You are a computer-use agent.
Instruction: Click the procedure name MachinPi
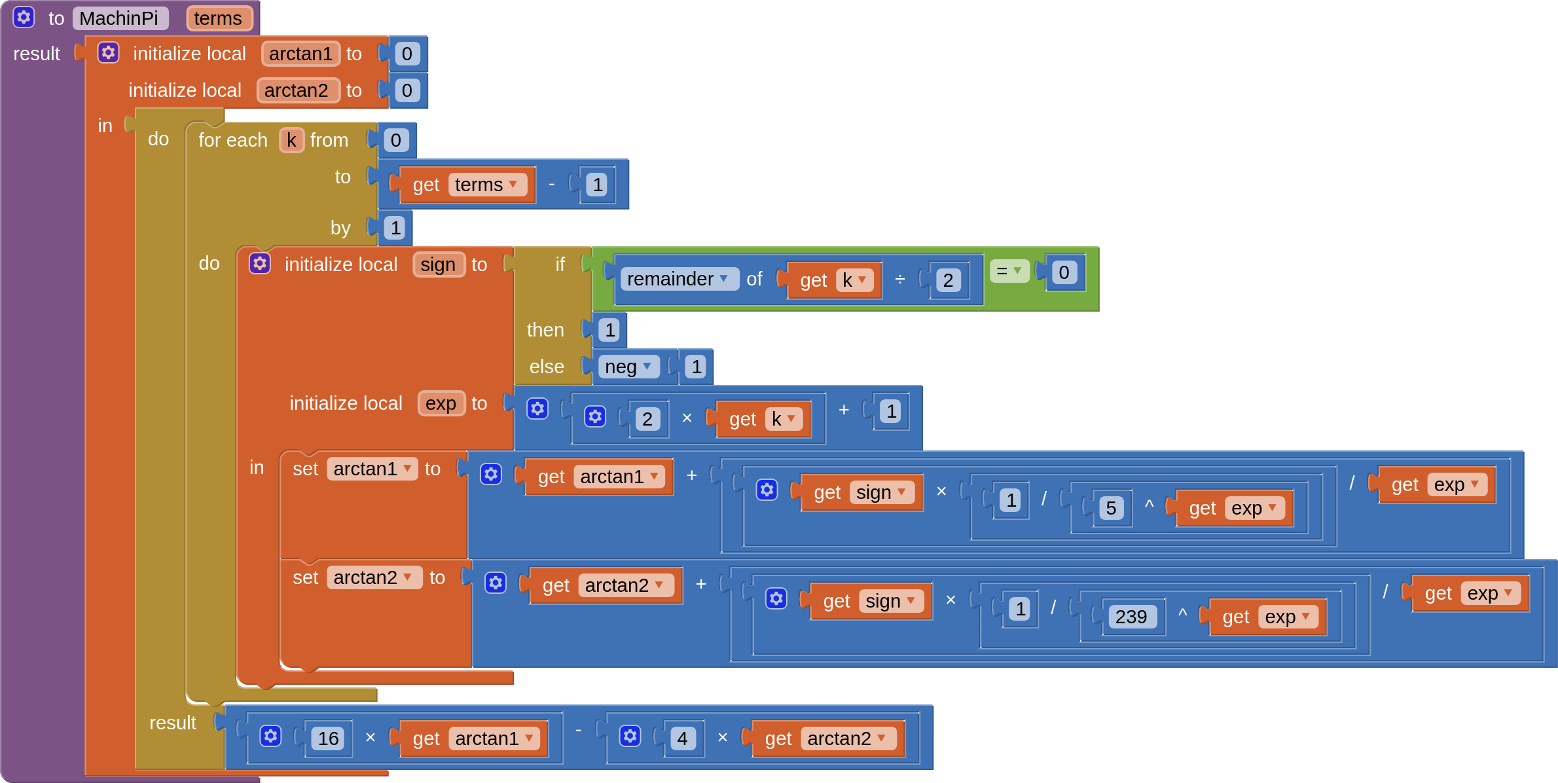point(119,18)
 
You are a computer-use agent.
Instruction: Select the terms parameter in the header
point(217,18)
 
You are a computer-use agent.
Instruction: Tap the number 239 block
point(1131,617)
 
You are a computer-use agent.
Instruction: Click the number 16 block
point(328,738)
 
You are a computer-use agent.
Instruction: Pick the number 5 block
point(1111,508)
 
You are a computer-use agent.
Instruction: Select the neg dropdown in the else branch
point(628,367)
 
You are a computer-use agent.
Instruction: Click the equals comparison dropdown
point(1009,271)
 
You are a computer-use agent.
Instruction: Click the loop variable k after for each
point(291,140)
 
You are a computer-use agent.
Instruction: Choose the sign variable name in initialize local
point(438,264)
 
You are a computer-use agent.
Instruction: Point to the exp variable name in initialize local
point(441,403)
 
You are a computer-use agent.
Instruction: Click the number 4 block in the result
point(682,738)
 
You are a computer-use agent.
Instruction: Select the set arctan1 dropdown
point(372,469)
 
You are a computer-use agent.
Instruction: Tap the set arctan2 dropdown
point(373,577)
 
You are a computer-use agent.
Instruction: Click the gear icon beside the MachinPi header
point(24,18)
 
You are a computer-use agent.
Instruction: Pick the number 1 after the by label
point(395,228)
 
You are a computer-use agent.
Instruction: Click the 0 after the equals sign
point(1064,272)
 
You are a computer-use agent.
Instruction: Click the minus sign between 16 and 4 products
point(579,729)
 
